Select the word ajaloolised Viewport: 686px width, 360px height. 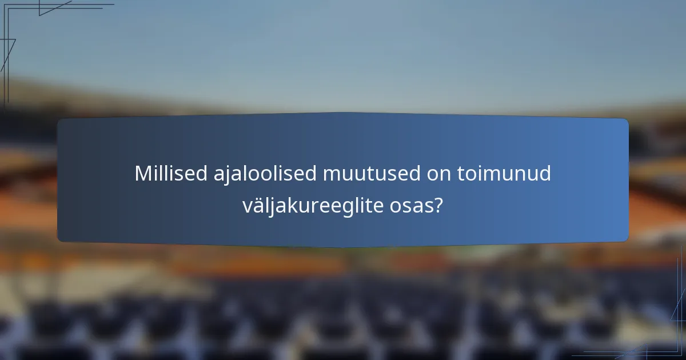[252, 174]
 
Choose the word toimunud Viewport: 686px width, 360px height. [505, 174]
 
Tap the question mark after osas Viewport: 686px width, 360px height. [438, 206]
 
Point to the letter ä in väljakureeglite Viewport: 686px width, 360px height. [256, 206]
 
